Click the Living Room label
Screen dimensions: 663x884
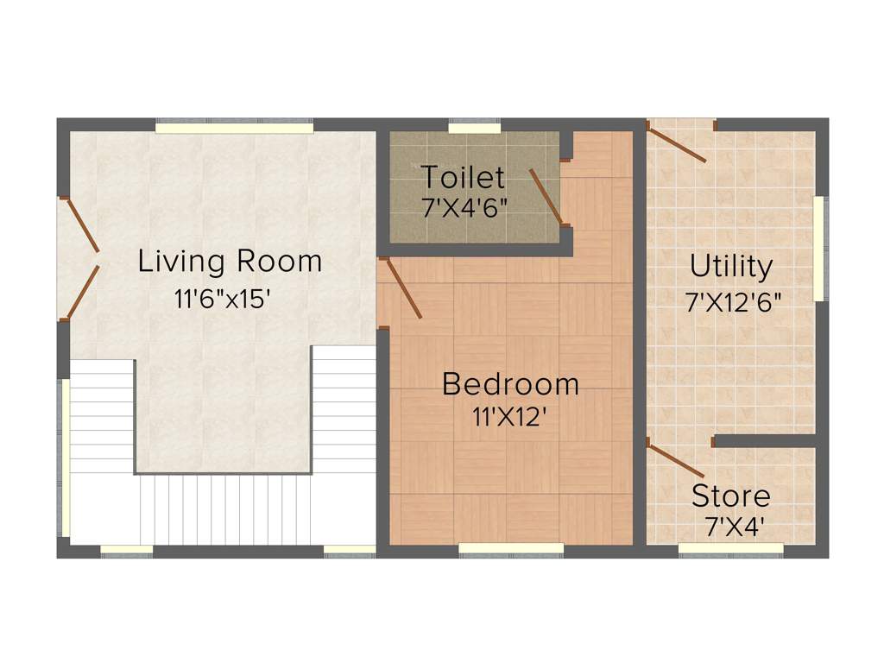click(230, 261)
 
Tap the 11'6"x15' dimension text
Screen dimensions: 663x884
click(223, 300)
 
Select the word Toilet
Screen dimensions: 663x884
click(463, 178)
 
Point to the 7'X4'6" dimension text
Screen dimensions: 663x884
click(464, 208)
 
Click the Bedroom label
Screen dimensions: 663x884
click(510, 384)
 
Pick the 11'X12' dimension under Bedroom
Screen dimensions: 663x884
click(510, 417)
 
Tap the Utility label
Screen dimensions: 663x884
click(731, 267)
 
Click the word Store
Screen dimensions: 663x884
click(731, 496)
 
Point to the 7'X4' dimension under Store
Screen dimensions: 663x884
click(734, 527)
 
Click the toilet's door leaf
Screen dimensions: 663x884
click(546, 197)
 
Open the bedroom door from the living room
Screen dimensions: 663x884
click(401, 288)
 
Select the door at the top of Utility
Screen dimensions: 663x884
click(678, 144)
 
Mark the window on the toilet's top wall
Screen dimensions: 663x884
click(475, 129)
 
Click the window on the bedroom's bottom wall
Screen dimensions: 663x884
click(511, 547)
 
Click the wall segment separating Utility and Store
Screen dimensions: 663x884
click(765, 441)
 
